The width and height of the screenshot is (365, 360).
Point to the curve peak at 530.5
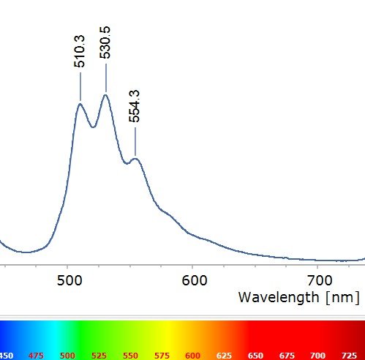coord(106,95)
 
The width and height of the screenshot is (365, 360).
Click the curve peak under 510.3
coord(80,105)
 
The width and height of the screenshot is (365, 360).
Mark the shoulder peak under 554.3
coord(135,159)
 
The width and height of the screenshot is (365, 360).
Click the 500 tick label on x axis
coord(68,280)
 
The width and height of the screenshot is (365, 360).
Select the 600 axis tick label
coord(193,280)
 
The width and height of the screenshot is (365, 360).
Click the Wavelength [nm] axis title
coord(299,298)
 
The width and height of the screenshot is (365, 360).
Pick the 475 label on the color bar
coord(37,355)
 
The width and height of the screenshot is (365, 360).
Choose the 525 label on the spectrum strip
coord(99,355)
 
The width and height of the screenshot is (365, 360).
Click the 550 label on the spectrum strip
coord(131,355)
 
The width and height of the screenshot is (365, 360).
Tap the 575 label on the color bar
coord(162,355)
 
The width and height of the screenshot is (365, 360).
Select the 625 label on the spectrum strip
coord(225,355)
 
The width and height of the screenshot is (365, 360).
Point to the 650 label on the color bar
coord(256,355)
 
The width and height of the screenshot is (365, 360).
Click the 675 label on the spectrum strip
coord(287,355)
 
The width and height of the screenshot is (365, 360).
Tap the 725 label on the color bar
coord(350,355)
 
